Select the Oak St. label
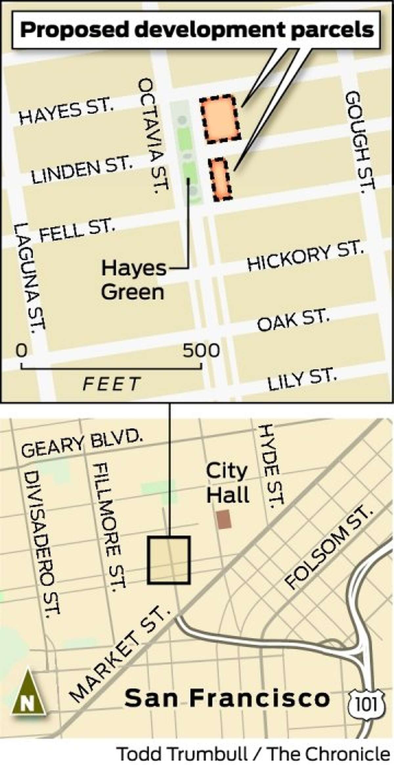pyautogui.click(x=293, y=319)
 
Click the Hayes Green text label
pyautogui.click(x=133, y=280)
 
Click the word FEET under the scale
pyautogui.click(x=112, y=384)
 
